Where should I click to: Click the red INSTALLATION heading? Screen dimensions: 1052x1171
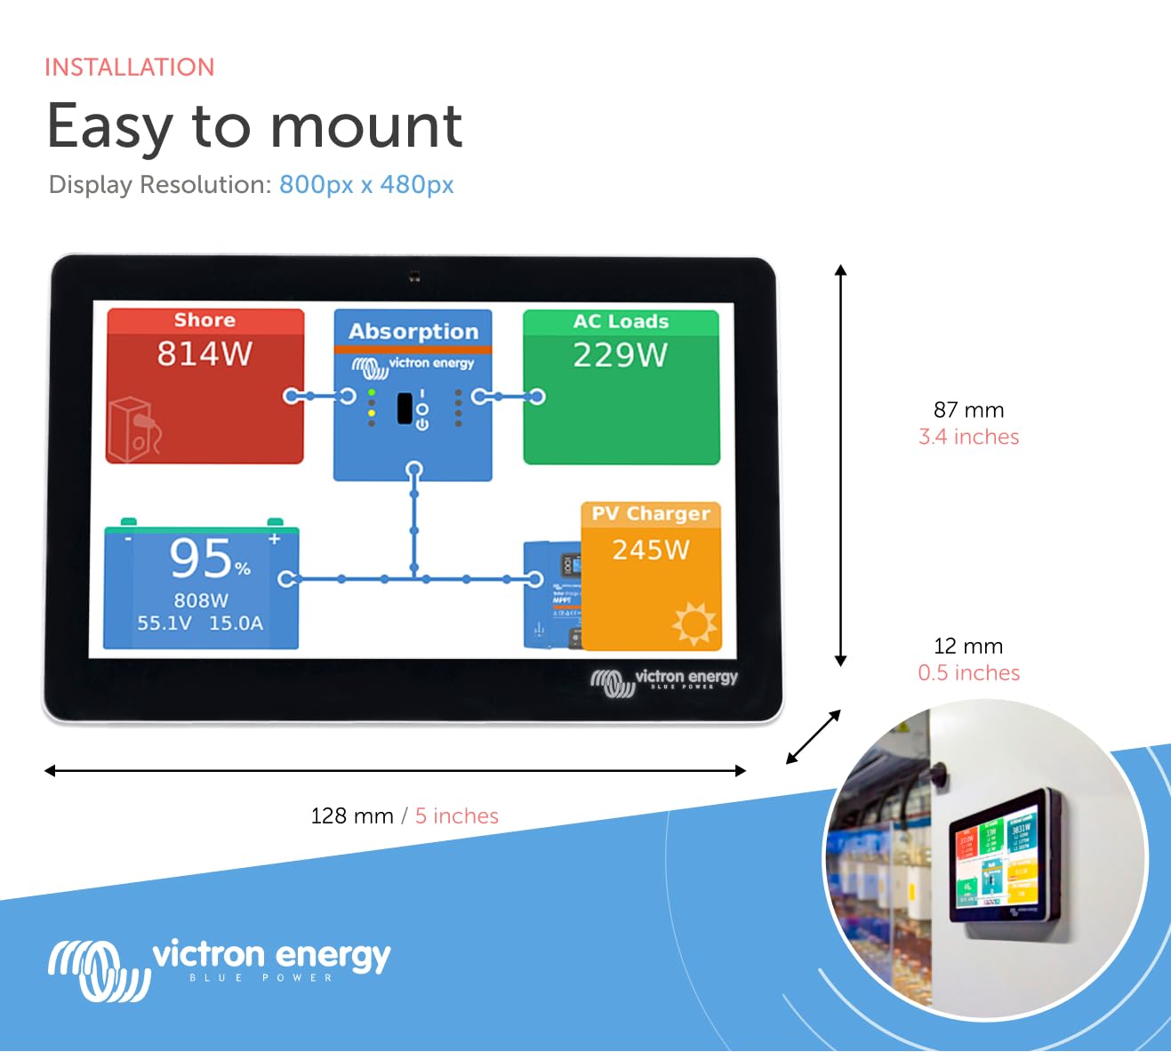point(130,68)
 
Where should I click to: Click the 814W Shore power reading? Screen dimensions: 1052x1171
point(205,354)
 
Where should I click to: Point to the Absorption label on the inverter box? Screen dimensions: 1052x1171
point(413,331)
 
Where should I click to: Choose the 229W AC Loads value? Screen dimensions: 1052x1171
point(620,356)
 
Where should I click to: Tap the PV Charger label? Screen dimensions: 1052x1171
point(651,514)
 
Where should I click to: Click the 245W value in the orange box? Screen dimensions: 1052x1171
point(651,550)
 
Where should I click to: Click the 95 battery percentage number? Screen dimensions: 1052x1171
point(202,558)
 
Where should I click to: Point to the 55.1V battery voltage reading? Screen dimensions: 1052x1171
point(164,623)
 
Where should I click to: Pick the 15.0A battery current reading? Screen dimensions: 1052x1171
point(237,623)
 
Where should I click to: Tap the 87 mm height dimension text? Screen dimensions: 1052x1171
point(968,410)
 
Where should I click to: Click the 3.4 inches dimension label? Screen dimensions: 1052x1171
point(968,437)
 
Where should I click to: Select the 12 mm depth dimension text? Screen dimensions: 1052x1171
point(968,646)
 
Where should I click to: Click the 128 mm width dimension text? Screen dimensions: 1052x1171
point(352,816)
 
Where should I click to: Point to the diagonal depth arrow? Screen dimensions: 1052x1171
point(813,737)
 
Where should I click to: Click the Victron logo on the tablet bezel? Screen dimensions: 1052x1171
point(664,680)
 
